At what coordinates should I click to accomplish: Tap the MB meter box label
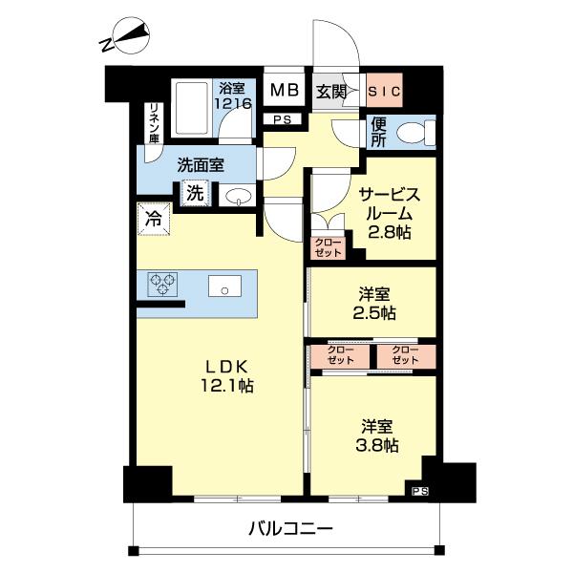pos(283,92)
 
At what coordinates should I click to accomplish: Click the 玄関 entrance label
pos(332,92)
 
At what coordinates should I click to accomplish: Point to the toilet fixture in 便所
pos(414,133)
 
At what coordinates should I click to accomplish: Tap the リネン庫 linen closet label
pos(152,123)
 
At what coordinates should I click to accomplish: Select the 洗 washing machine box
pos(195,192)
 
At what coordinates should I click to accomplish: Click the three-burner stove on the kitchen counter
pos(162,285)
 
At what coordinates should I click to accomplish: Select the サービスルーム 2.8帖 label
pos(388,212)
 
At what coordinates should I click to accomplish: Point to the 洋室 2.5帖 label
pos(373,304)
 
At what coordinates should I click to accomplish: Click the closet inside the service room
pos(328,246)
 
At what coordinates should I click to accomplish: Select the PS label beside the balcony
pos(420,491)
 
